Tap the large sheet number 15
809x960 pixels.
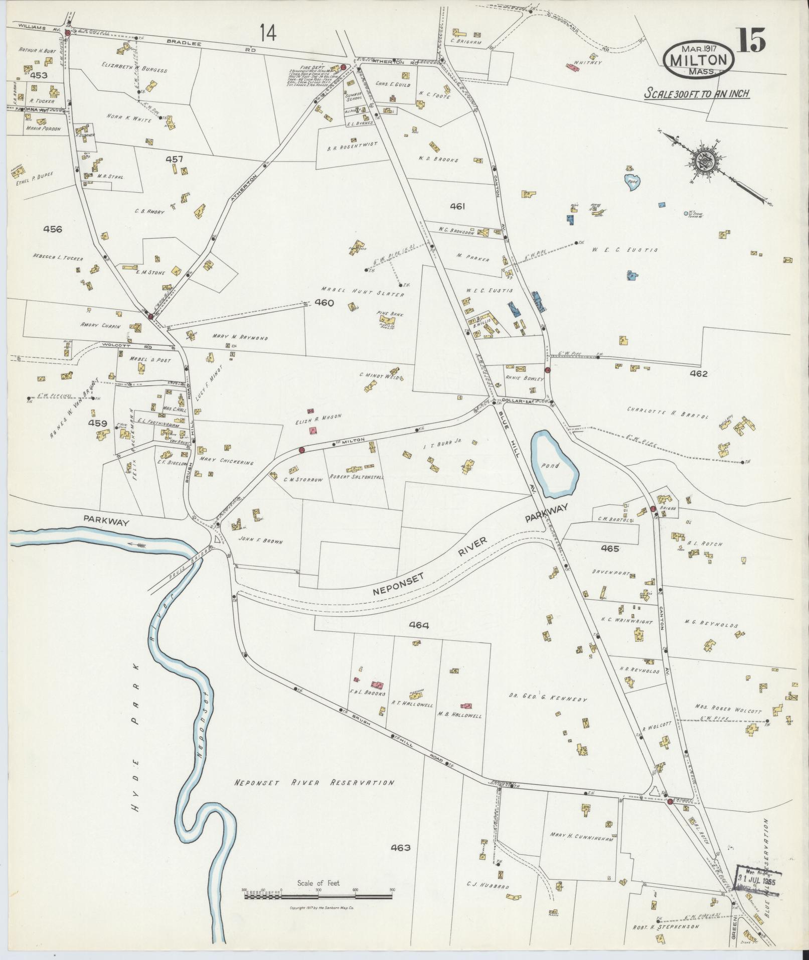751,40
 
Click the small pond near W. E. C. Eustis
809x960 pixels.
631,183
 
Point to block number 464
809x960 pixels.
419,625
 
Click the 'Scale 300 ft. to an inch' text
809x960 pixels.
697,94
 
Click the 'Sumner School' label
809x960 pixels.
354,96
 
